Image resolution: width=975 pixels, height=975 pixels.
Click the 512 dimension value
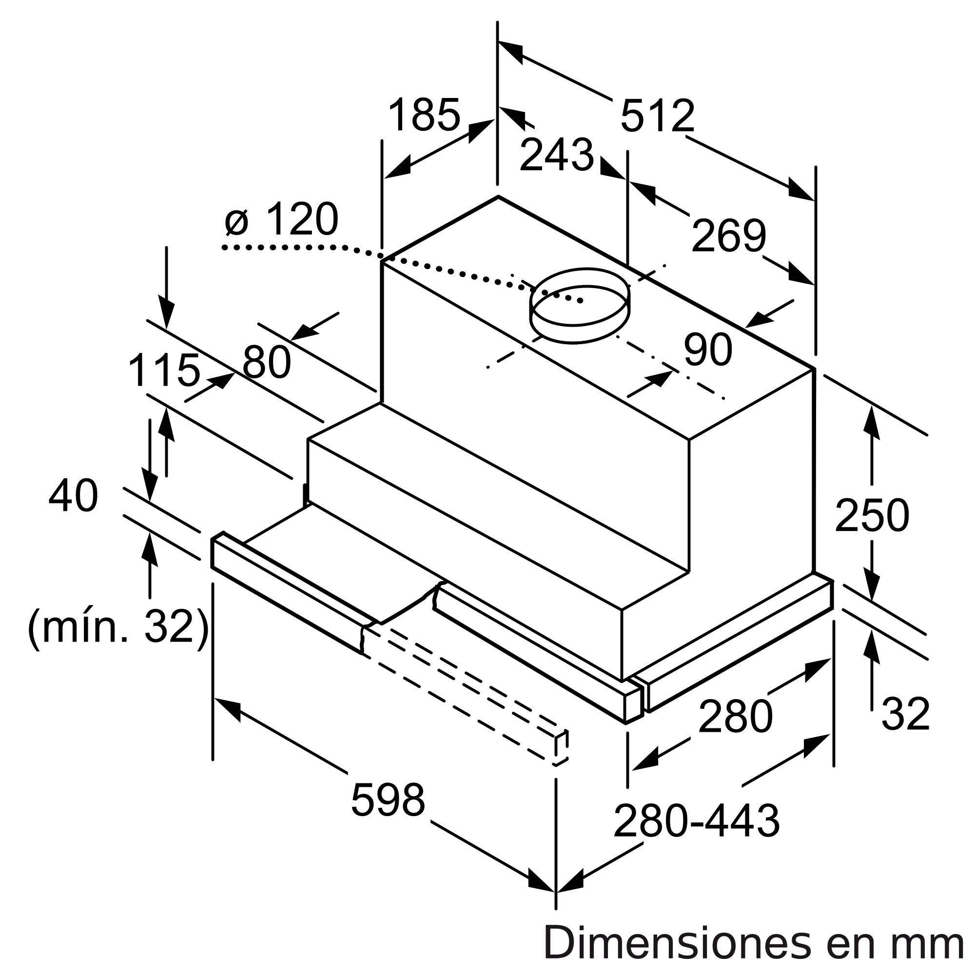(x=657, y=117)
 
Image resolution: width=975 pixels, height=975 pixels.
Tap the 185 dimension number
(x=425, y=115)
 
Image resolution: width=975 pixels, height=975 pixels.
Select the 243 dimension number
(x=557, y=155)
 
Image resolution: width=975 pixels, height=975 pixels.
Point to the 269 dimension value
(x=728, y=235)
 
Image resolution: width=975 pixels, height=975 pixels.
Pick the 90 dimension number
(x=707, y=350)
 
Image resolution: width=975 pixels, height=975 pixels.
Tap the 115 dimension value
(x=164, y=371)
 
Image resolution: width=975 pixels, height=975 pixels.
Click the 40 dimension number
(x=73, y=496)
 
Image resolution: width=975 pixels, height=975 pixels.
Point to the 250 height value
(x=872, y=516)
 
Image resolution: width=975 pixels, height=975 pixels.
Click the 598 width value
(x=388, y=800)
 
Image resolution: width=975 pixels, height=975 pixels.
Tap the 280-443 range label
(x=697, y=821)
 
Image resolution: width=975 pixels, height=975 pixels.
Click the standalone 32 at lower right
(x=905, y=714)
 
